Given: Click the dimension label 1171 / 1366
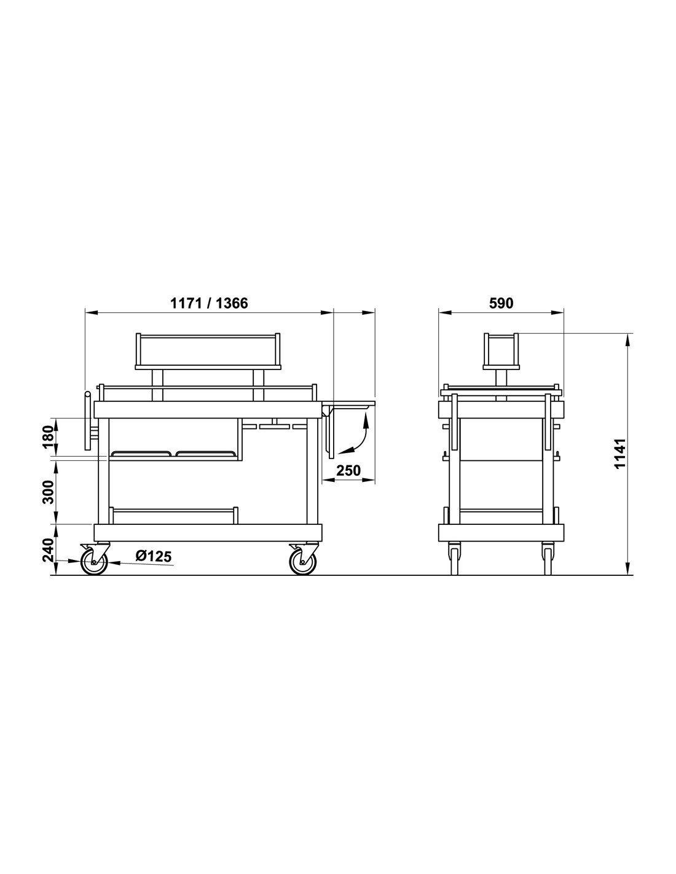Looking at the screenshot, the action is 209,303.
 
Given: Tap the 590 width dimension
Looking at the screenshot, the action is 501,303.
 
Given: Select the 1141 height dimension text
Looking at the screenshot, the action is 619,453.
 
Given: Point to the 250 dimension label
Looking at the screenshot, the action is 348,470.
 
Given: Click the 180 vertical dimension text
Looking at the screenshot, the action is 49,436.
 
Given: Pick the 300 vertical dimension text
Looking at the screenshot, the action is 49,492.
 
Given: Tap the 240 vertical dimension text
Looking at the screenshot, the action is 49,550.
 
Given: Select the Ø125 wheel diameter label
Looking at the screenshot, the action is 154,556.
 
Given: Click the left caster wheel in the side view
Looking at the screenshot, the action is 94,562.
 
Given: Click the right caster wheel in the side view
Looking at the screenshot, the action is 303,562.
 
